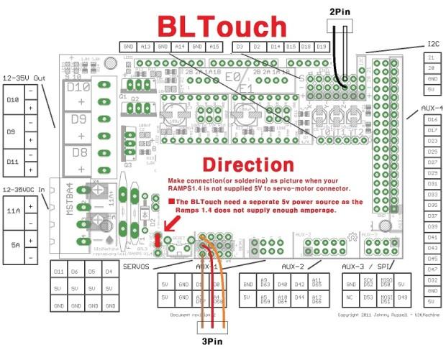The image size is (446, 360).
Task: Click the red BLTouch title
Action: pos(222,27)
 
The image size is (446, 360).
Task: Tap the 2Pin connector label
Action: pos(341,11)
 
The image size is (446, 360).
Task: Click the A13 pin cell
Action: pos(146,47)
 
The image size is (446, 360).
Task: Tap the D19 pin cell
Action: pos(322,47)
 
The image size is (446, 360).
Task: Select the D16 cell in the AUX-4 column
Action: pos(432,119)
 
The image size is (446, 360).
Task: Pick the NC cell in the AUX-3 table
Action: pos(350,296)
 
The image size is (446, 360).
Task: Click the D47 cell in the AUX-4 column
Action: pos(432,269)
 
